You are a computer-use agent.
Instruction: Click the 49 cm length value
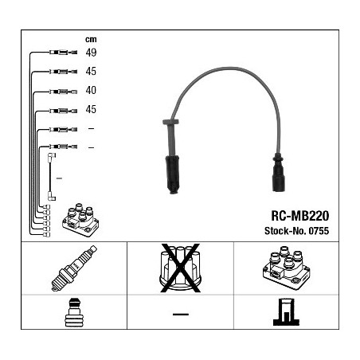coord(91,53)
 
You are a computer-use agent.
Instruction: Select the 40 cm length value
coord(91,90)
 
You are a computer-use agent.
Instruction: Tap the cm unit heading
coord(91,40)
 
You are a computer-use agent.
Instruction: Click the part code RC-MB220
coord(299,216)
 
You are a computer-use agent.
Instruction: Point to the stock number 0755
coord(319,231)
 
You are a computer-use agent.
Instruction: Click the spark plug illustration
coord(74,268)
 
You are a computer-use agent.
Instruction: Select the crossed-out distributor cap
coord(180,268)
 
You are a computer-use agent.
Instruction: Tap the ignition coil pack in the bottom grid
coord(286,268)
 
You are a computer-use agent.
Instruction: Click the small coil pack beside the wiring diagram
coord(80,220)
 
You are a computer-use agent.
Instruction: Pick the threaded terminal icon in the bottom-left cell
coord(74,312)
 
